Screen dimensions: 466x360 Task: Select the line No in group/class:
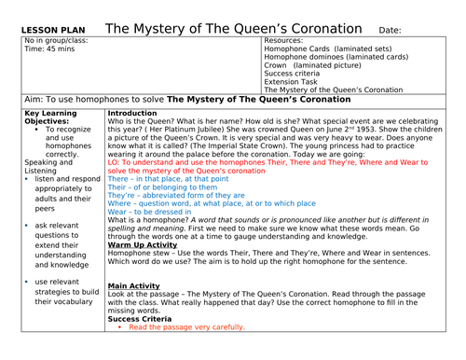(x=61, y=42)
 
